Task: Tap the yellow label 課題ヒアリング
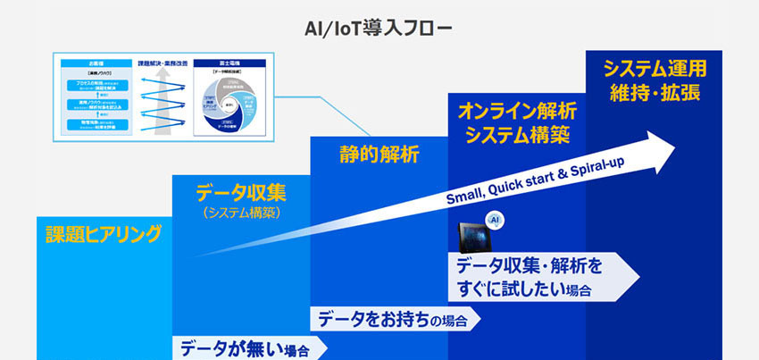click(104, 235)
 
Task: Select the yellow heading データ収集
click(240, 191)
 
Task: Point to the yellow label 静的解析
click(379, 154)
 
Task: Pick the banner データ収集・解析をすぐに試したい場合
click(536, 278)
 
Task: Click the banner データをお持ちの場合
click(393, 319)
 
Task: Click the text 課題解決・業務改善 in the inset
click(161, 63)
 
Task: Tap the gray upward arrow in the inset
click(161, 103)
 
